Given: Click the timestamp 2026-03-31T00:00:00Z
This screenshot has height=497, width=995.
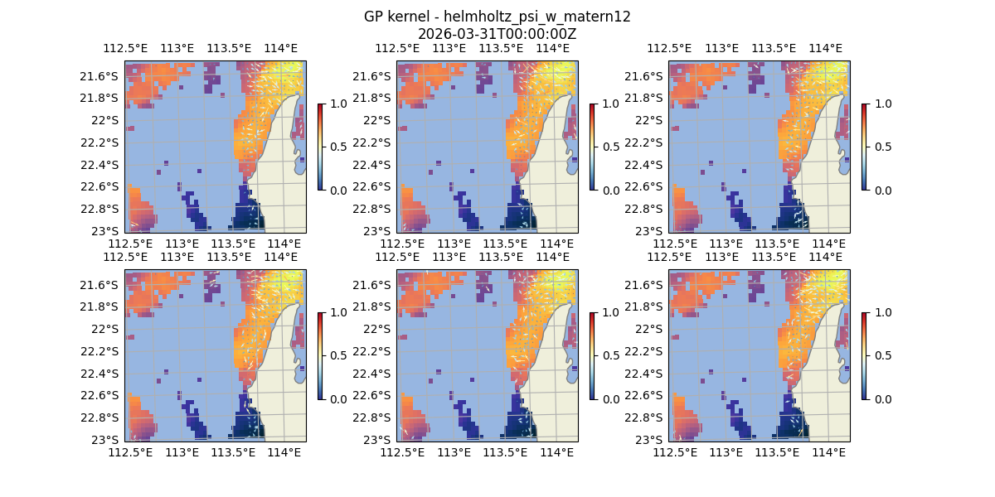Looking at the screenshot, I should (497, 34).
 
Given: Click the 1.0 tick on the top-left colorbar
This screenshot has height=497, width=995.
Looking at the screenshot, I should (334, 104).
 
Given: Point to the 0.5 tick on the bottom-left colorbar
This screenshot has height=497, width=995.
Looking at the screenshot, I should (334, 355).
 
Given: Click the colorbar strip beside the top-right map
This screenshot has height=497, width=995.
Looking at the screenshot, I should (865, 147).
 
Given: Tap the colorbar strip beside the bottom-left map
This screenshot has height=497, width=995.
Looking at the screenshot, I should (320, 355).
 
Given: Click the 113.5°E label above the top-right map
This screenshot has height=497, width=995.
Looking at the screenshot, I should (774, 48).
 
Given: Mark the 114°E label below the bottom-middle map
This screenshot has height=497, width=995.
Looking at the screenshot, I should (556, 452).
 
